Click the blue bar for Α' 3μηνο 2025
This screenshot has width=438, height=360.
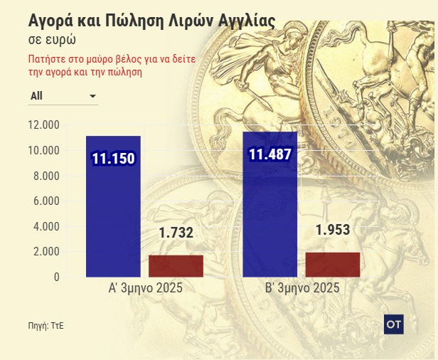pyautogui.click(x=113, y=213)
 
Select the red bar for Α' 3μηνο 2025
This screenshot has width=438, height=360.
pyautogui.click(x=176, y=265)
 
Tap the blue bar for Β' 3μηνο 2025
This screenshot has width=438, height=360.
pyautogui.click(x=270, y=213)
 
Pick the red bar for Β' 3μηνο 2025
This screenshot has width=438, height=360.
pyautogui.click(x=332, y=264)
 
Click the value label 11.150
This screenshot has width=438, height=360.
pyautogui.click(x=113, y=158)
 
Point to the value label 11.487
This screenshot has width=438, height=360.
pyautogui.click(x=270, y=155)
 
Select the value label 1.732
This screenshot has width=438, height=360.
pyautogui.click(x=176, y=233)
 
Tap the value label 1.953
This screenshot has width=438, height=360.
pyautogui.click(x=332, y=230)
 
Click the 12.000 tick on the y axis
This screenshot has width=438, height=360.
pyautogui.click(x=43, y=125)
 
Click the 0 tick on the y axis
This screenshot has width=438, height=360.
pyautogui.click(x=55, y=277)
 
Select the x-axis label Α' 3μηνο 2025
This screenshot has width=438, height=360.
pyautogui.click(x=145, y=289)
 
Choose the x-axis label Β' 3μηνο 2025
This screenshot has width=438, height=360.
pyautogui.click(x=301, y=289)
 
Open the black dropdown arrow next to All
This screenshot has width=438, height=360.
pyautogui.click(x=92, y=95)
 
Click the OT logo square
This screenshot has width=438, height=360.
pyautogui.click(x=393, y=323)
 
